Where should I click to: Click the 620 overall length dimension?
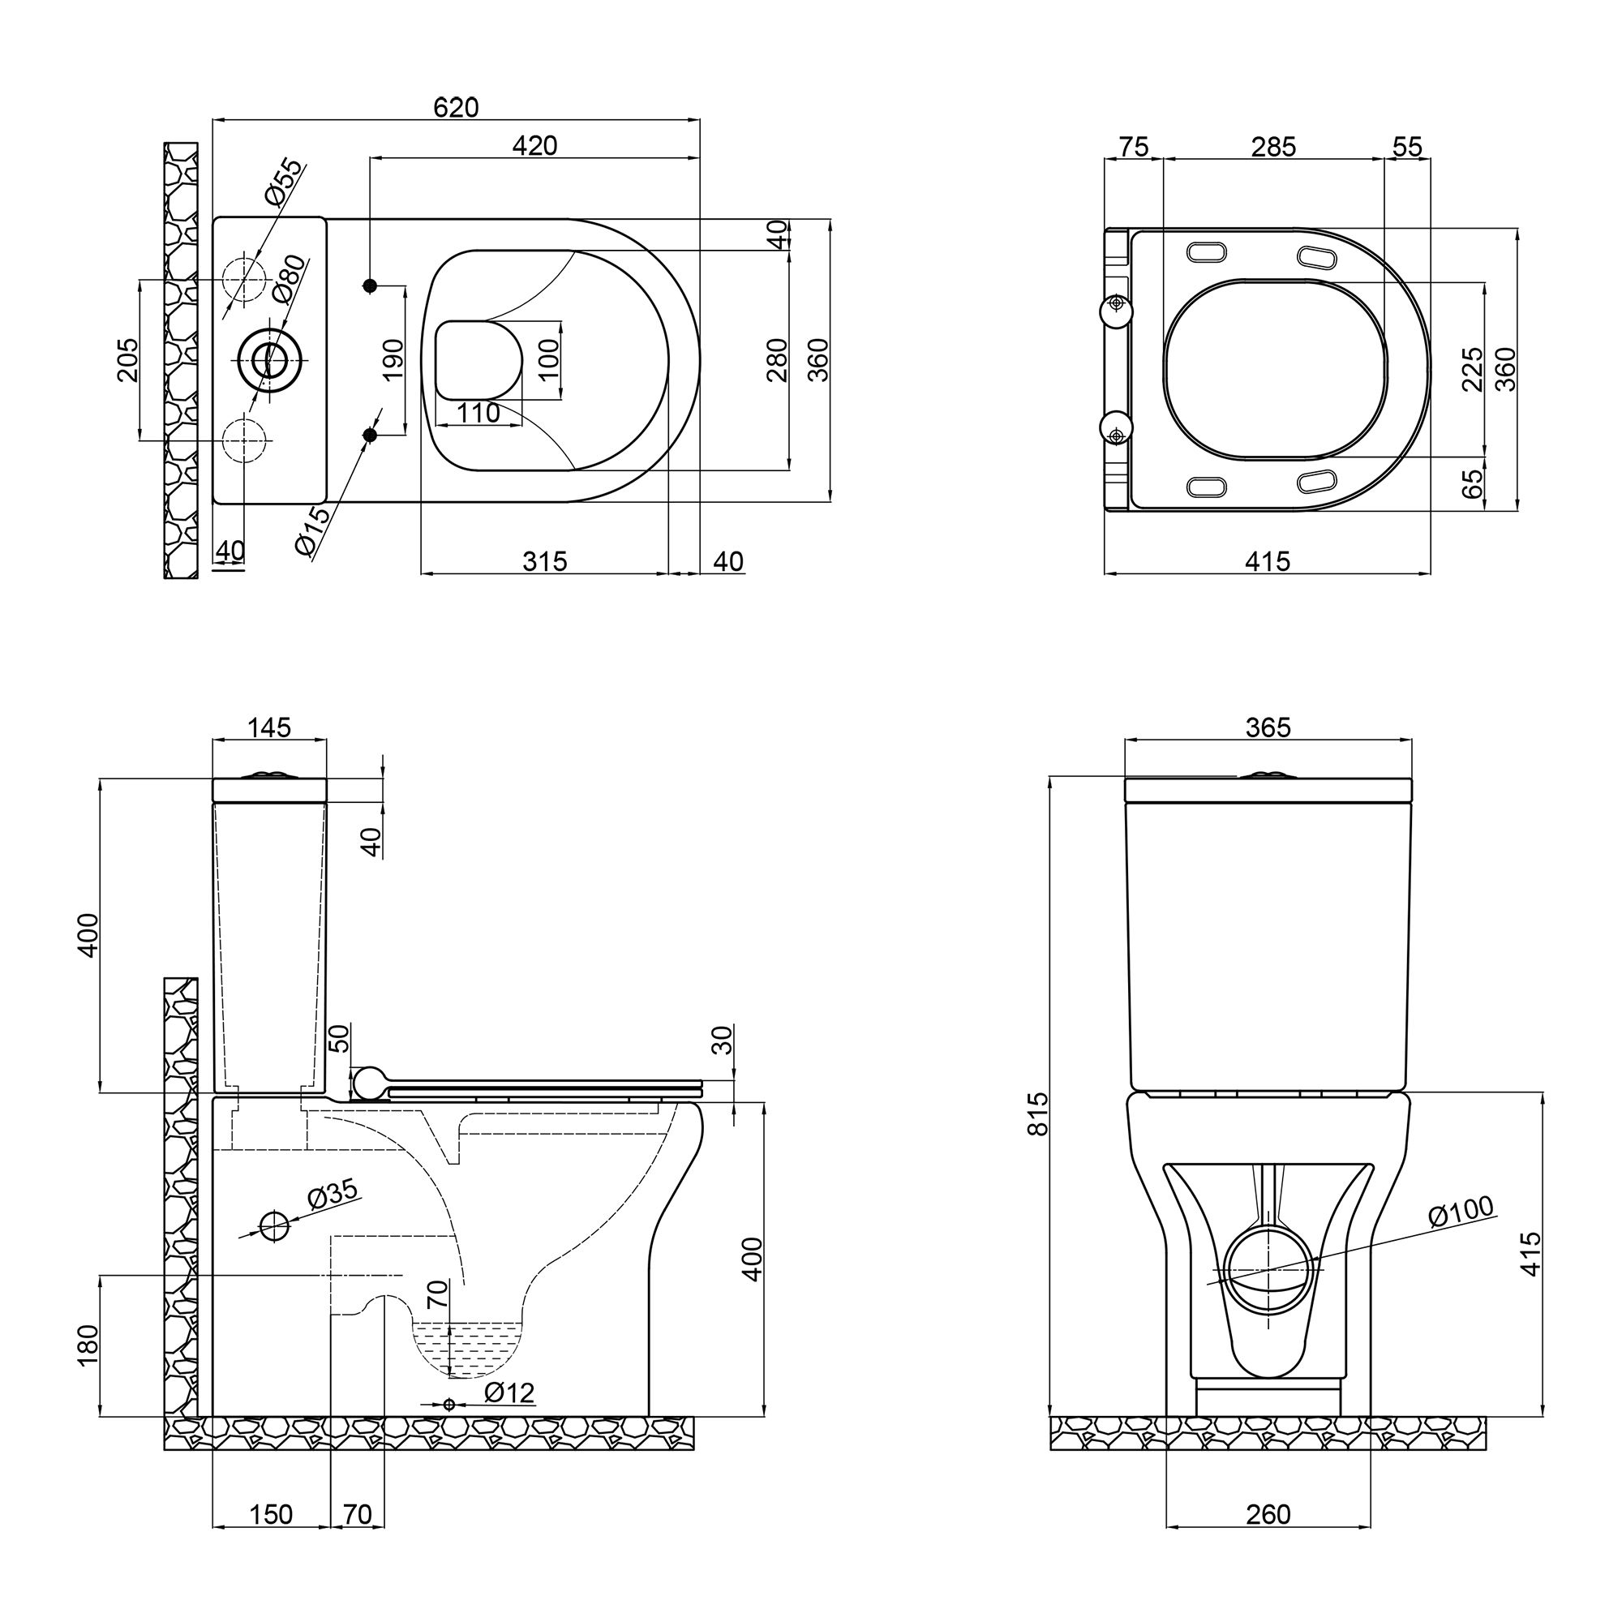click(456, 108)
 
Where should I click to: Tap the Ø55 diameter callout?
click(281, 182)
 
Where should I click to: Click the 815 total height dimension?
click(1039, 1114)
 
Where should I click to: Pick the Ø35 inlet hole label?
click(332, 1195)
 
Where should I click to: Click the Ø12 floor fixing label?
click(508, 1392)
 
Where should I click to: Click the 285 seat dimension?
click(1273, 147)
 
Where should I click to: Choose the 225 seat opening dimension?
click(1472, 369)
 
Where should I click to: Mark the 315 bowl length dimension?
click(545, 561)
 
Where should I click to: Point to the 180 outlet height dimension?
click(88, 1345)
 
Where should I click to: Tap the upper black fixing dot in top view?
click(369, 286)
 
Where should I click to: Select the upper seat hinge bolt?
click(1116, 304)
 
